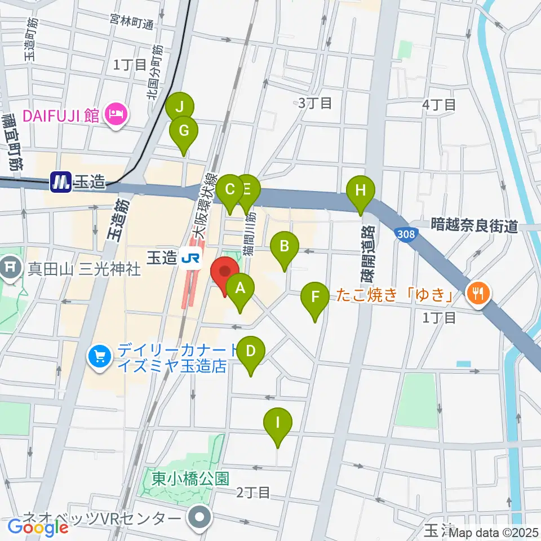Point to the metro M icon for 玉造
[x=59, y=182]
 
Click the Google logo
[x=38, y=527]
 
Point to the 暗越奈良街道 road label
[x=474, y=226]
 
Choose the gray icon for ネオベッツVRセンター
[x=199, y=517]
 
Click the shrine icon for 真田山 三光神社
[x=11, y=265]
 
